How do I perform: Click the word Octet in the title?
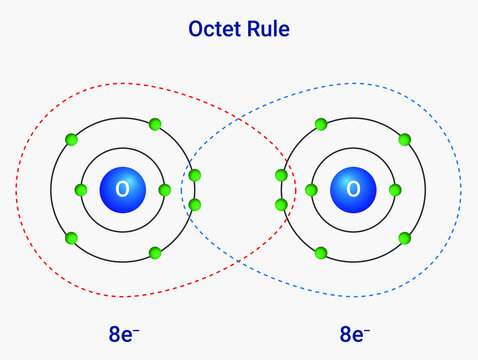tap(212, 29)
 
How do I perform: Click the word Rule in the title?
tap(268, 29)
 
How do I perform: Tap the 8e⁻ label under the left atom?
tap(130, 334)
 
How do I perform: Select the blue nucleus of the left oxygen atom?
tap(122, 189)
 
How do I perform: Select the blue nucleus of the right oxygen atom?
tap(352, 189)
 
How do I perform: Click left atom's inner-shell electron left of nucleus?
tap(81, 189)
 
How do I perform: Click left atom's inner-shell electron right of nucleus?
tap(164, 189)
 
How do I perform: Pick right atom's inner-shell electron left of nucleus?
tap(311, 189)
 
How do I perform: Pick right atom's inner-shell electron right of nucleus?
tap(394, 189)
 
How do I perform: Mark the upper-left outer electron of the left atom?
tap(71, 139)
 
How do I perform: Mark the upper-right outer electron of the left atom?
tap(155, 125)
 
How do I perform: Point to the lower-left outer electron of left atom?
tap(71, 238)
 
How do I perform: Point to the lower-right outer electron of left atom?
tap(155, 253)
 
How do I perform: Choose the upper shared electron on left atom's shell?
tap(194, 175)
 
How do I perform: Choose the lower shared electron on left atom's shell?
tap(194, 204)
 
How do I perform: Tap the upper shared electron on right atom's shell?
tap(281, 175)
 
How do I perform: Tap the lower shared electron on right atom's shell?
tap(281, 204)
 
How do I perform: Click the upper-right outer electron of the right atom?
tap(404, 139)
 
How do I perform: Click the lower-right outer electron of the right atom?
tap(404, 238)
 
